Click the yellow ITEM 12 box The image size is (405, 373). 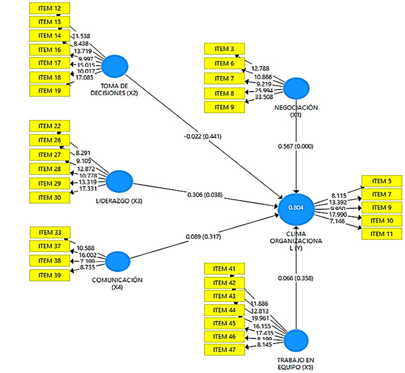coord(49,8)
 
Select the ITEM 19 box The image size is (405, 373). coord(49,89)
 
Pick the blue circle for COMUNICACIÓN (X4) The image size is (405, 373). coord(117,261)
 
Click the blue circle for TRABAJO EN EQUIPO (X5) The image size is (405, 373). coord(296,341)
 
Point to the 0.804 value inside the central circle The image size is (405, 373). coord(296,207)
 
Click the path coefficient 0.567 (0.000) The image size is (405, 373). coord(296,147)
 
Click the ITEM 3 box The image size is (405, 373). coord(224,49)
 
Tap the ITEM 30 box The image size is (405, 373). coord(49,197)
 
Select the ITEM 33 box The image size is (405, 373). coord(49,233)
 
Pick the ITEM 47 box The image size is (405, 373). coord(224,350)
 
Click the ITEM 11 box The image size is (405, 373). coord(382,233)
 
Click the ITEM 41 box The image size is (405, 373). coord(224,269)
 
